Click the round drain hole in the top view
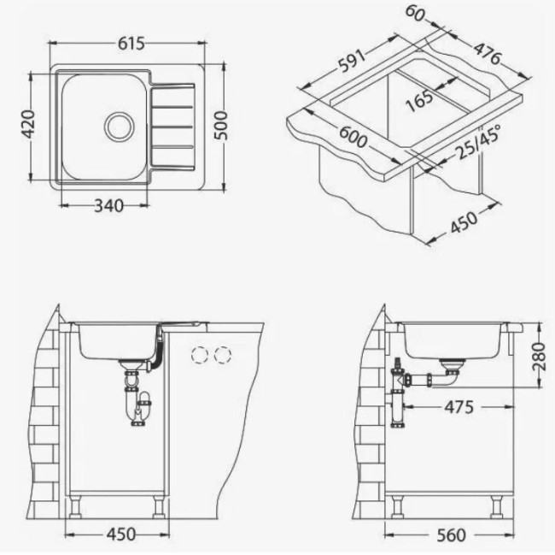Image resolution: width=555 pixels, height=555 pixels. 120,127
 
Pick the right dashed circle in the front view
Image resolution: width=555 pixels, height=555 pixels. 223,353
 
